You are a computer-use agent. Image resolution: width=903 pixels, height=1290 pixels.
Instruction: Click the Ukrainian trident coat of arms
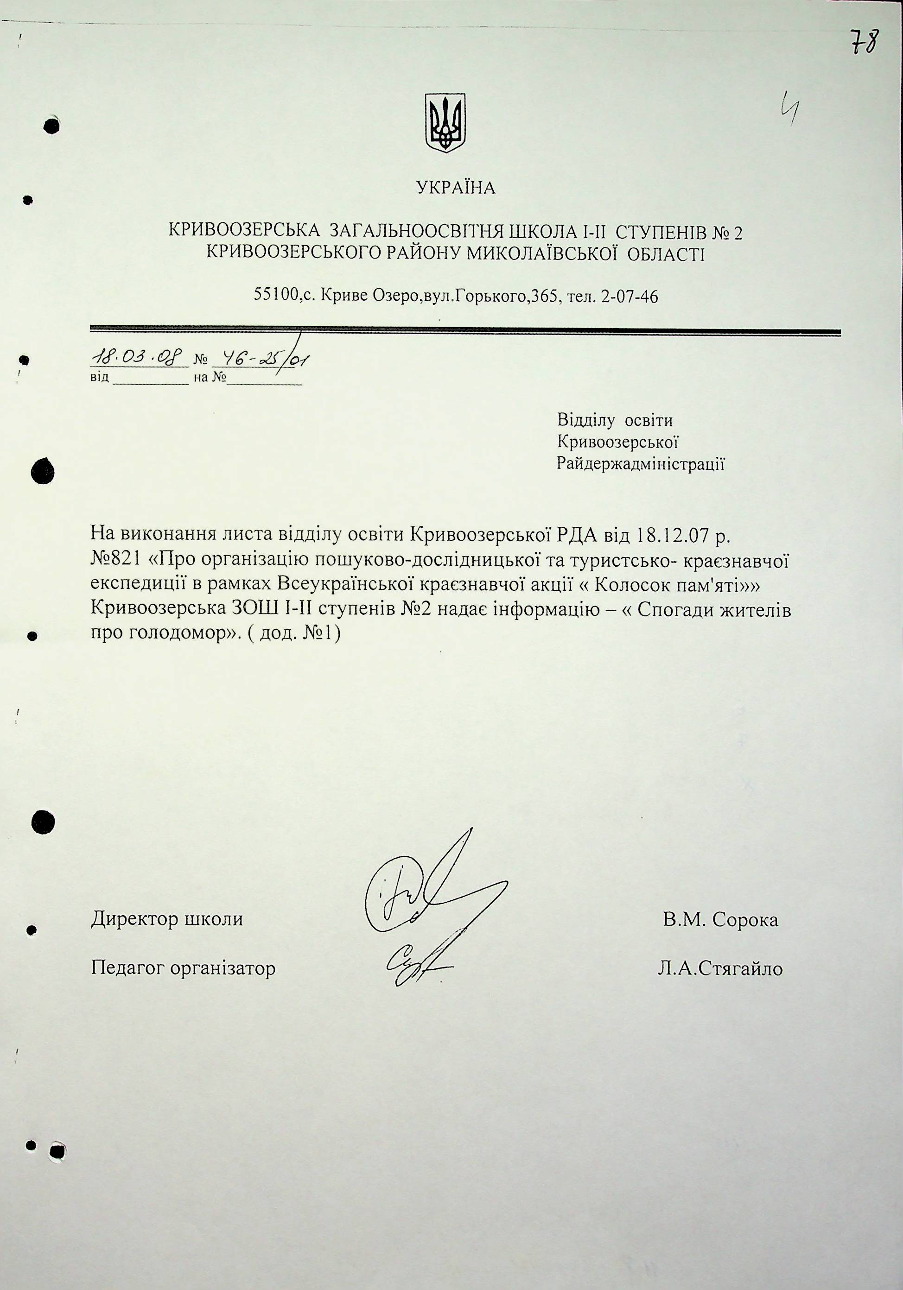(445, 122)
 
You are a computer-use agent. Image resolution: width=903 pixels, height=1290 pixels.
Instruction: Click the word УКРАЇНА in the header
(456, 188)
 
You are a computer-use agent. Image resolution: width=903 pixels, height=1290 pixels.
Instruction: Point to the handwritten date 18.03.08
(137, 357)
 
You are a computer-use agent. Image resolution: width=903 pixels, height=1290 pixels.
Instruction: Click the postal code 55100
(275, 296)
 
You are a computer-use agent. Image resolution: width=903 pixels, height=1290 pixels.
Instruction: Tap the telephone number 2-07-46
(629, 296)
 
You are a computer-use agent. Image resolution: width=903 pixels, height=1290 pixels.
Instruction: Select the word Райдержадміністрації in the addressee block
(640, 464)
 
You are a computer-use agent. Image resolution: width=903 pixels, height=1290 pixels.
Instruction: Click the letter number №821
(117, 560)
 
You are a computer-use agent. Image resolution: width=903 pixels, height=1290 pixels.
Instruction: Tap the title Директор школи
(167, 919)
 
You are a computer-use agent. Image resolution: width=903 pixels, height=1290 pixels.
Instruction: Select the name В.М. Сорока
(720, 920)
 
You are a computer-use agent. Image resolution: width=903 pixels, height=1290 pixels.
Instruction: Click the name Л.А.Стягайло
(720, 968)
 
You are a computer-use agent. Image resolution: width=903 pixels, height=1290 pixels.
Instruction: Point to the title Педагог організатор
(183, 968)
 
